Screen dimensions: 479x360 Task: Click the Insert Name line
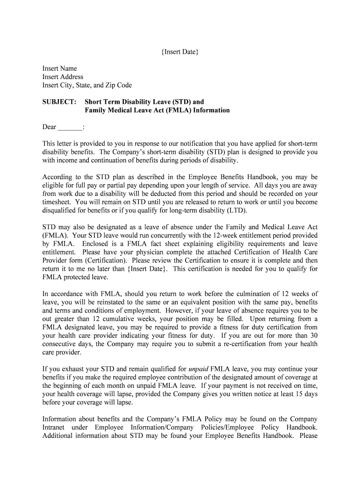pyautogui.click(x=60, y=68)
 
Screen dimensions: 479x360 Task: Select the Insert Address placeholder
pyautogui.click(x=63, y=77)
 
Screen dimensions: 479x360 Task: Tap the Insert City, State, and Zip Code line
pyautogui.click(x=87, y=85)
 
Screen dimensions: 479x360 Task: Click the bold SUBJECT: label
pyautogui.click(x=59, y=102)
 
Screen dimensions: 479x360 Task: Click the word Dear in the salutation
pyautogui.click(x=49, y=127)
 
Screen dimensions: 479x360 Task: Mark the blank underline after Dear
pyautogui.click(x=70, y=127)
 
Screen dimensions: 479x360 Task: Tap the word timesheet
pyautogui.click(x=57, y=202)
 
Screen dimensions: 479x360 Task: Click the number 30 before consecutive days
pyautogui.click(x=314, y=335)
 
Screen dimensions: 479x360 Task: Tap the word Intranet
pyautogui.click(x=54, y=428)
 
